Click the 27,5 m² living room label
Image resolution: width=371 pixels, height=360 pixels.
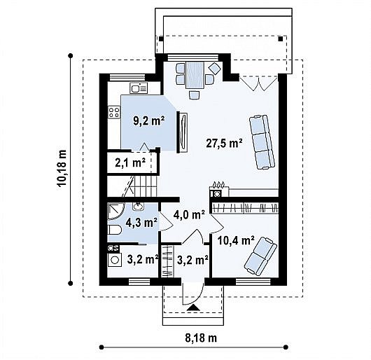[224, 143]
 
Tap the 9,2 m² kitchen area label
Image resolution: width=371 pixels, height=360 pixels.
[148, 121]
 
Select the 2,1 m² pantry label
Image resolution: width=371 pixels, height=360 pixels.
[130, 163]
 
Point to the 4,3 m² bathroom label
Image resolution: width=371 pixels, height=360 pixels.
[141, 223]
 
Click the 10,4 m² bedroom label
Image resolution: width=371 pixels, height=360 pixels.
[236, 241]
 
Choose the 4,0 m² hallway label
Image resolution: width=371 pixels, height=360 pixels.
[189, 215]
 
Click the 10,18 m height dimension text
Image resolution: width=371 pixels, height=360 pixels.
[62, 169]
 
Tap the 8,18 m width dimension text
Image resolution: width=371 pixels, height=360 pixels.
[201, 338]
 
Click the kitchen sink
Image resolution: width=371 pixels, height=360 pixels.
[139, 88]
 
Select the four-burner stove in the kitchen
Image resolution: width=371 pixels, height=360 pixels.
[113, 112]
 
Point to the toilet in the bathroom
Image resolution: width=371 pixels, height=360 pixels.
[115, 230]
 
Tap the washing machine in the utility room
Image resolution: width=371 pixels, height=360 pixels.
[115, 260]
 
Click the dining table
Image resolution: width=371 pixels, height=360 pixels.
[195, 75]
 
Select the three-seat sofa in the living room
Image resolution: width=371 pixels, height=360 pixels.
[262, 142]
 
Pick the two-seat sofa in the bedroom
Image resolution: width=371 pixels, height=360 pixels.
[260, 256]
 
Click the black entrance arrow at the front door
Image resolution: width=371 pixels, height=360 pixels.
[193, 307]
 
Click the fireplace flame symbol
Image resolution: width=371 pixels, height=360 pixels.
[218, 184]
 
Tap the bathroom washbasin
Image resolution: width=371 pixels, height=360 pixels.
[138, 207]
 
